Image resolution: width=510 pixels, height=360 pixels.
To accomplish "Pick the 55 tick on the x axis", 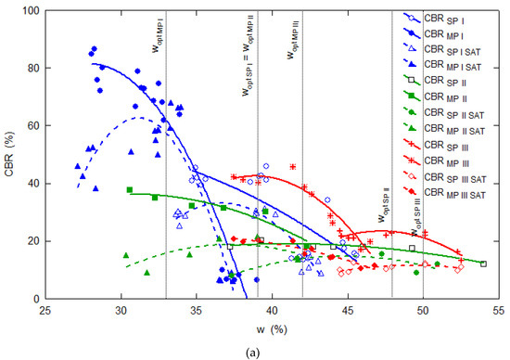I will (x=498, y=312).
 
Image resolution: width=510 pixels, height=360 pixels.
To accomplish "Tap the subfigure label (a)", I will (x=255, y=351).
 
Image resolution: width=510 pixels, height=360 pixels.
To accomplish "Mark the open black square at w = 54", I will (x=483, y=264).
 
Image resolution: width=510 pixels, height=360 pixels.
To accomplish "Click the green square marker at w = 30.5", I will (x=129, y=190).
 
